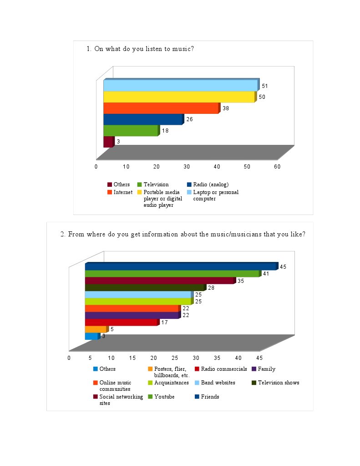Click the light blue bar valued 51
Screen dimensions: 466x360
tap(180, 86)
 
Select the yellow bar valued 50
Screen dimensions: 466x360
tap(178, 97)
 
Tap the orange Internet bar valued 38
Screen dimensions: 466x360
tap(161, 108)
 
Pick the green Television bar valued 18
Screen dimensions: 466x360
tap(130, 131)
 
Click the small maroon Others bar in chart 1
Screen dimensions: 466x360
tap(108, 142)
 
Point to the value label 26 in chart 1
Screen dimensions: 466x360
tap(190, 119)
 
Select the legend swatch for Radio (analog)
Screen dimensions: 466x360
tap(189, 185)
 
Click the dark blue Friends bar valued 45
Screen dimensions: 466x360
tap(180, 266)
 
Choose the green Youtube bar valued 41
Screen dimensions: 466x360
tap(172, 274)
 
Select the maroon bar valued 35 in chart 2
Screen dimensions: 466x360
tap(159, 281)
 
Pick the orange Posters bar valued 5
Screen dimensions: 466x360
tap(95, 329)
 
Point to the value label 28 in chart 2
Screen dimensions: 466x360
tap(211, 288)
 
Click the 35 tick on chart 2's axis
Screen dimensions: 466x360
tap(217, 358)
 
